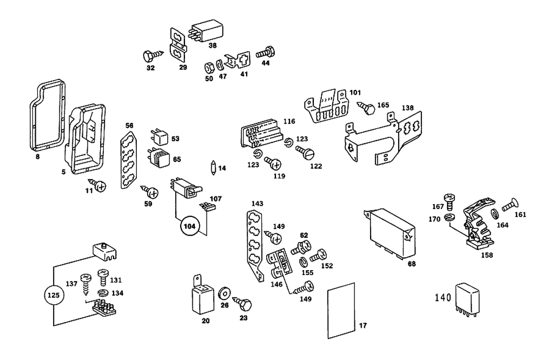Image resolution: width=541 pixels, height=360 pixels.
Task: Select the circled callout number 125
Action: pyautogui.click(x=55, y=296)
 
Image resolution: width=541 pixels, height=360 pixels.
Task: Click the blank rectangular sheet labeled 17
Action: pyautogui.click(x=341, y=311)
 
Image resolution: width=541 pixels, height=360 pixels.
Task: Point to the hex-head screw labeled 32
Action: pyautogui.click(x=150, y=55)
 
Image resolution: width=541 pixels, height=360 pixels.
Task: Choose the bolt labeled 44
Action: pyautogui.click(x=263, y=53)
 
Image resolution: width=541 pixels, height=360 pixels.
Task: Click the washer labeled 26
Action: pyautogui.click(x=223, y=296)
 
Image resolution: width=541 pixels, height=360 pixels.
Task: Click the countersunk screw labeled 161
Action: pyautogui.click(x=508, y=206)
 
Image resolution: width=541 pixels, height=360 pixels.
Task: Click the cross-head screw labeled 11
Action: pyautogui.click(x=99, y=185)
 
